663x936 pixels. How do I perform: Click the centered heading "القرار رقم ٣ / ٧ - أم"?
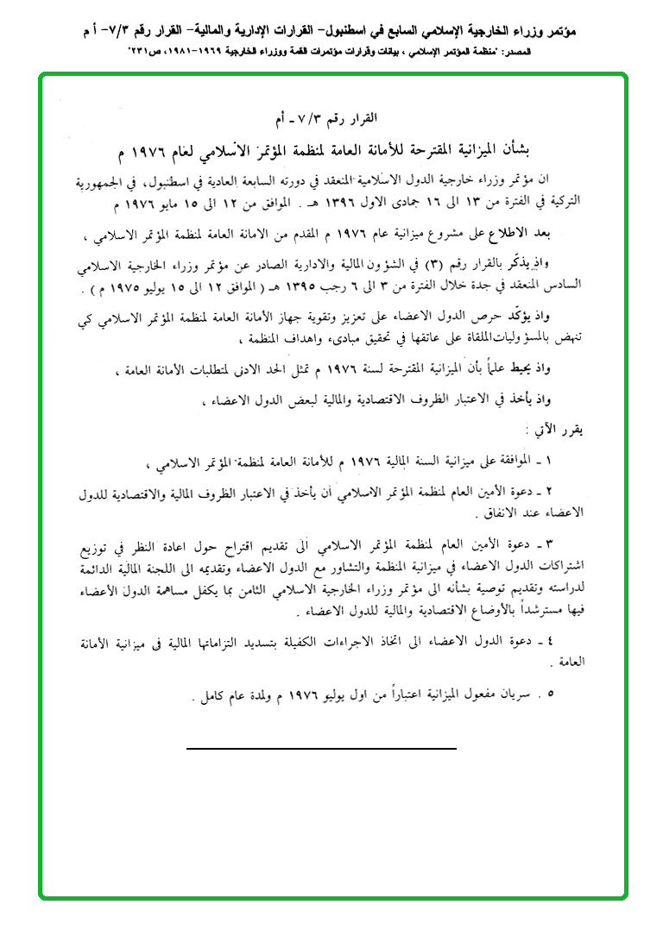[x=332, y=117]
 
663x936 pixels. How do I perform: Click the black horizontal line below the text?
[x=321, y=748]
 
